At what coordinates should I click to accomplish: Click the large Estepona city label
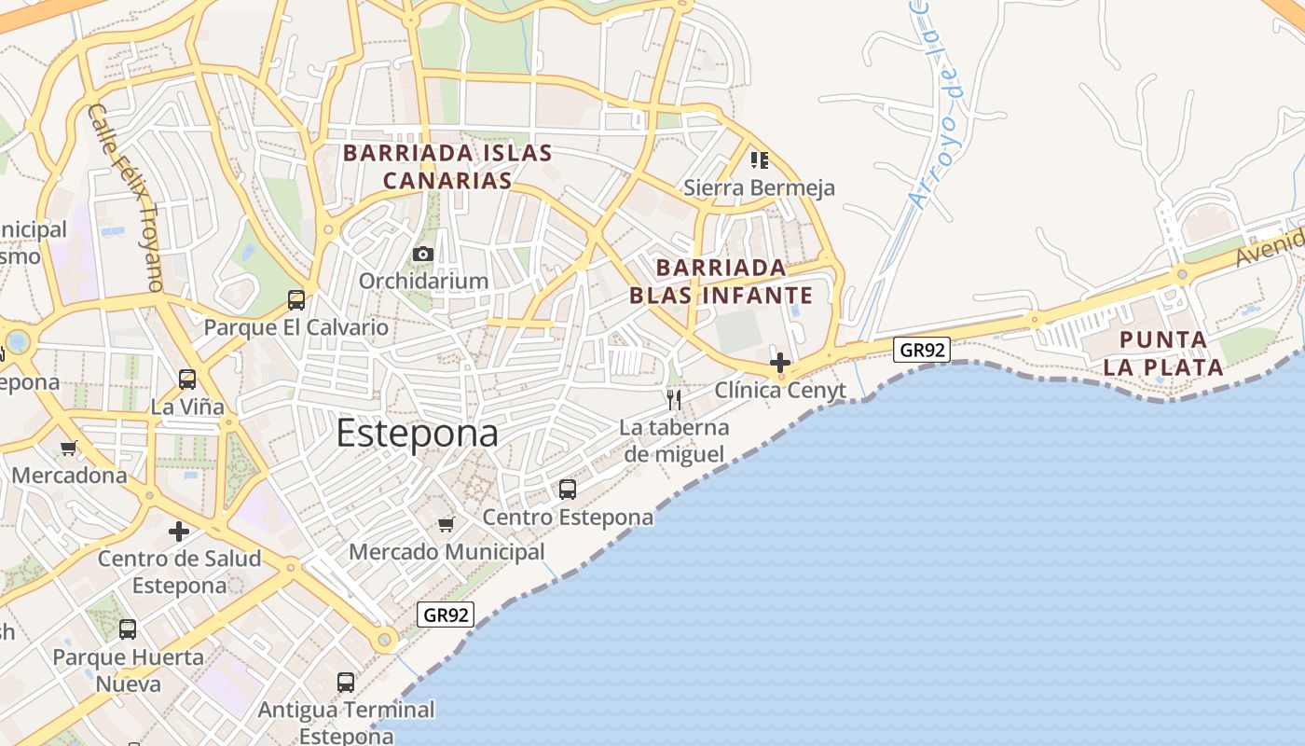417,434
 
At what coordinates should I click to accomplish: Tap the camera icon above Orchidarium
423,254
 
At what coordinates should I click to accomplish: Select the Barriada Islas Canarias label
447,166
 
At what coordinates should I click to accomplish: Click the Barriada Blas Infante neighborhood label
721,282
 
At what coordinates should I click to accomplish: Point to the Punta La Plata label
1162,352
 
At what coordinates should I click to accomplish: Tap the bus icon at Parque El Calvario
296,300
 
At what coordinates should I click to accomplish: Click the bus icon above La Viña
187,380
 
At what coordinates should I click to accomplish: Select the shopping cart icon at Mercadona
68,449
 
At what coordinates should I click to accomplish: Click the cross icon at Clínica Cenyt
780,363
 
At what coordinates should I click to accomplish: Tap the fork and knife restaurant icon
674,401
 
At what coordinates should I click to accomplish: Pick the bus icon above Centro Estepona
567,490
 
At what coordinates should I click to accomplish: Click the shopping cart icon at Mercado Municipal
446,525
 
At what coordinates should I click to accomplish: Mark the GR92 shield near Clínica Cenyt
921,350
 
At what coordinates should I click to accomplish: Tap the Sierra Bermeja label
759,187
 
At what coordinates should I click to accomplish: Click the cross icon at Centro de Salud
179,532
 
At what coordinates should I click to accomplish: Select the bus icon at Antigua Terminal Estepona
346,683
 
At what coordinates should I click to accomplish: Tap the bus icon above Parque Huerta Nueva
128,629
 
